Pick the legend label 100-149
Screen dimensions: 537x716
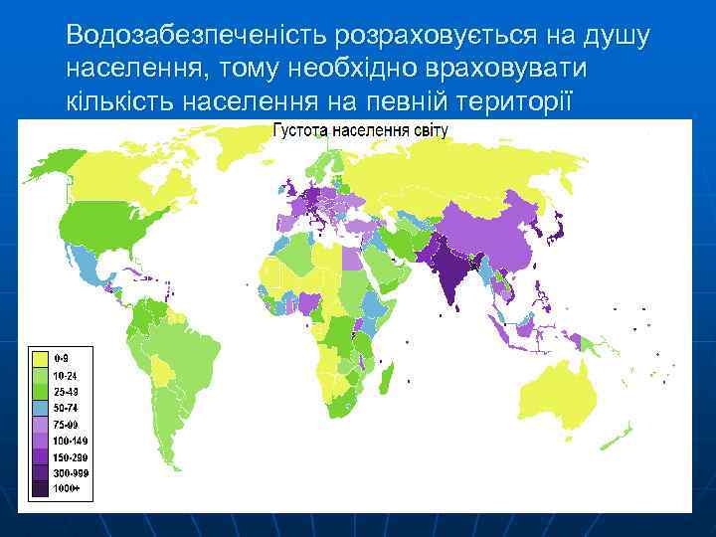68,439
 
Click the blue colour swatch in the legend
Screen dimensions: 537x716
40,406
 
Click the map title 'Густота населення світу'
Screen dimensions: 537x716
360,130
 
